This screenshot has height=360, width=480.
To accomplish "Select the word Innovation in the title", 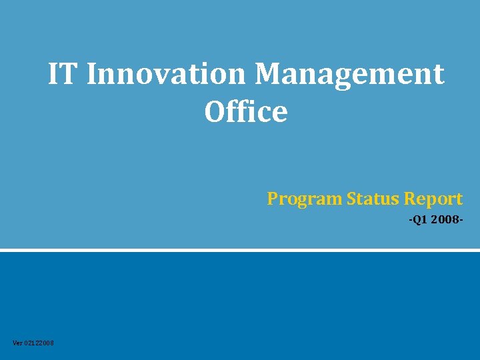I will (166, 74).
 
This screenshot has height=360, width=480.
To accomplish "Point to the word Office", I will (246, 112).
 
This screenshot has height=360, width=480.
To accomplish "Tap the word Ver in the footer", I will (17, 343).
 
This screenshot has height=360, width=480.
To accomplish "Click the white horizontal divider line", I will (240, 251).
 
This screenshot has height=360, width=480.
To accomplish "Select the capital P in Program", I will (273, 199).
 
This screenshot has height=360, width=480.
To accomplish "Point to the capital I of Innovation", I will (92, 74).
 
